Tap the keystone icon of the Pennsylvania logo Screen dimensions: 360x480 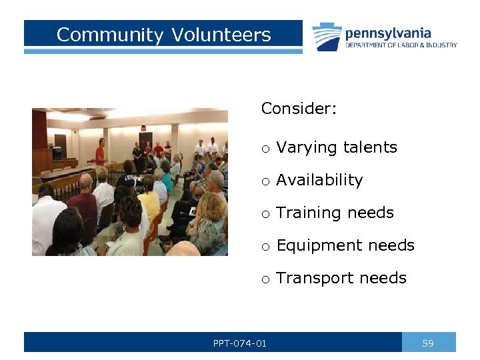click(327, 37)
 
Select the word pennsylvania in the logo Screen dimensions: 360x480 click(387, 33)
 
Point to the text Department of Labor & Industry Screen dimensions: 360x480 click(401, 45)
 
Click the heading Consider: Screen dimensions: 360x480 click(299, 109)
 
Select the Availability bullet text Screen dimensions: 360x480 click(319, 180)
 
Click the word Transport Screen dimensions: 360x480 click(310, 278)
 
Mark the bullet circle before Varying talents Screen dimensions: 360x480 click(265, 149)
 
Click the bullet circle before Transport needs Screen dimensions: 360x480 click(265, 279)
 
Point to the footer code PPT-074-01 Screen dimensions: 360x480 click(239, 343)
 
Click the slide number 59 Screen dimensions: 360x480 click(428, 343)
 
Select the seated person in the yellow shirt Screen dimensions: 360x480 click(150, 200)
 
